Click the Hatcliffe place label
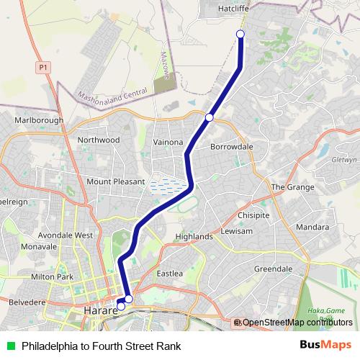[x=233, y=8]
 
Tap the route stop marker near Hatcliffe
[x=240, y=35]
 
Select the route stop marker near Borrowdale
[x=209, y=117]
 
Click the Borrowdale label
[x=231, y=146]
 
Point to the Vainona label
[x=168, y=143]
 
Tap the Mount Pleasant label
[x=116, y=182]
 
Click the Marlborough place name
[x=39, y=120]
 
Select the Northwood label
[x=99, y=140]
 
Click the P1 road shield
[x=43, y=67]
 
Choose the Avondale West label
[x=66, y=235]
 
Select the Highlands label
[x=194, y=236]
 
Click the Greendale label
[x=273, y=269]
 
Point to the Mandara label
[x=313, y=227]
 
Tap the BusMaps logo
[x=325, y=346]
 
